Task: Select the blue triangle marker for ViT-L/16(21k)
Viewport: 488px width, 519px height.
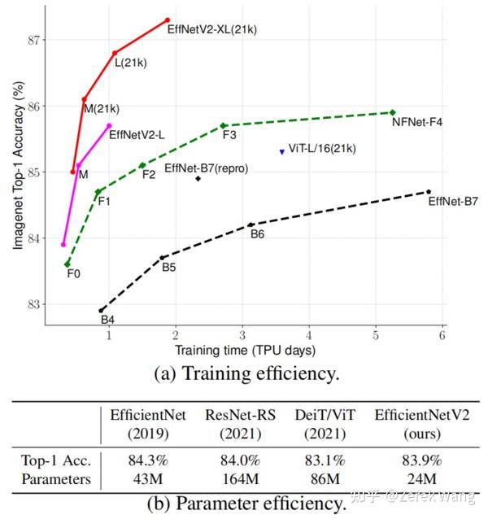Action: tap(282, 151)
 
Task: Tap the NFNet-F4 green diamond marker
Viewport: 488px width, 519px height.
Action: tap(393, 112)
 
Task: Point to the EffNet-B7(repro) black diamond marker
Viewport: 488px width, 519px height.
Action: tap(198, 178)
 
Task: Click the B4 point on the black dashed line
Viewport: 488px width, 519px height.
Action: tap(101, 310)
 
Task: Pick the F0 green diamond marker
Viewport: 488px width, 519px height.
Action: tap(68, 264)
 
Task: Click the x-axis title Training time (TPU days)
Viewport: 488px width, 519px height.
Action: tap(245, 351)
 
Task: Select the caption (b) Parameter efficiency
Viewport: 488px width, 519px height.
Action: tap(245, 502)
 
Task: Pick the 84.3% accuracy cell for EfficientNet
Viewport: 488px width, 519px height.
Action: tap(148, 460)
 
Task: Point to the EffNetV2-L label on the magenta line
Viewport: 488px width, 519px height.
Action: tap(137, 135)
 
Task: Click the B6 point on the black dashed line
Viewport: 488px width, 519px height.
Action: tap(251, 225)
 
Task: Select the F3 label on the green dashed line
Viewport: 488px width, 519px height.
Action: tap(229, 135)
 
